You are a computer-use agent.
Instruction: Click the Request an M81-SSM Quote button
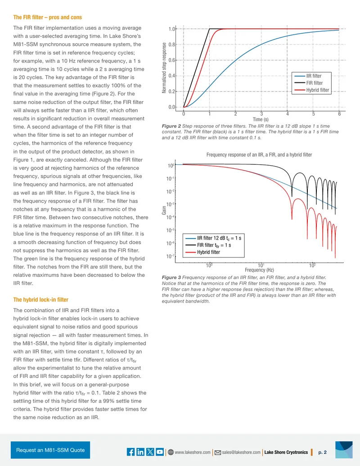click(50, 450)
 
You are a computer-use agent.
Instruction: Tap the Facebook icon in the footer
click(130, 452)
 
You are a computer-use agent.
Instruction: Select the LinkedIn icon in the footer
click(140, 452)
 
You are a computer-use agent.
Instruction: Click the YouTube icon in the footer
click(160, 452)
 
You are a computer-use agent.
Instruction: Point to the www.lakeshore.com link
click(193, 452)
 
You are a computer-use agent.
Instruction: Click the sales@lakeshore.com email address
click(241, 452)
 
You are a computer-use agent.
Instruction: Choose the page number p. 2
click(322, 452)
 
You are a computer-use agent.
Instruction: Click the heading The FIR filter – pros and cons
click(48, 17)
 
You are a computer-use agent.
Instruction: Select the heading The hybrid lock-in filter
click(40, 299)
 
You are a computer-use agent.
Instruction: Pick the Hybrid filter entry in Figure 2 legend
click(318, 90)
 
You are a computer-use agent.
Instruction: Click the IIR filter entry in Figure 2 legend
click(314, 76)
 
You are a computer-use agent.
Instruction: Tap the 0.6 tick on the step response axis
click(172, 60)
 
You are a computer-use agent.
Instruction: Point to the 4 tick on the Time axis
click(288, 114)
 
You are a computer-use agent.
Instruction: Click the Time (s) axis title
click(261, 119)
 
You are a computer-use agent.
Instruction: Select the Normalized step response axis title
click(164, 68)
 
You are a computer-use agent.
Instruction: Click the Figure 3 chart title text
click(259, 155)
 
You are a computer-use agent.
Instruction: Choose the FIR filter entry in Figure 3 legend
click(214, 245)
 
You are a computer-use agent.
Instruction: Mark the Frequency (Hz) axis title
click(259, 270)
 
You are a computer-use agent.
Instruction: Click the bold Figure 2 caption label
click(171, 126)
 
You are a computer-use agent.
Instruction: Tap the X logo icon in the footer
click(150, 452)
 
